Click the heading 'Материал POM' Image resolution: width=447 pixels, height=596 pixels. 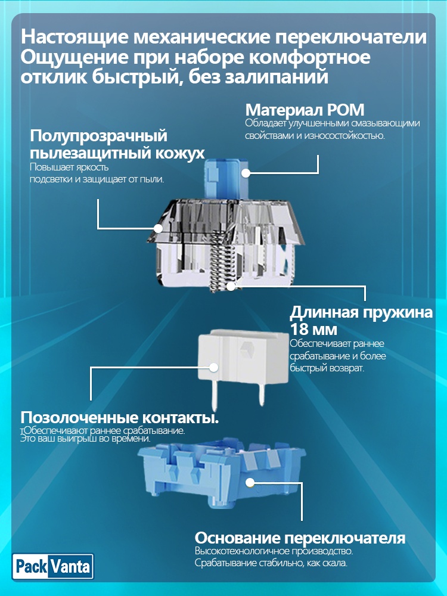coord(305,110)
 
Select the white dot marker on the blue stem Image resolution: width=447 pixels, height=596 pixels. coord(246,173)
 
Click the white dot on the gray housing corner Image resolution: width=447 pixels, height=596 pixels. coord(158,228)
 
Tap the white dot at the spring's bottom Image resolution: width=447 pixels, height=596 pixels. coord(231,286)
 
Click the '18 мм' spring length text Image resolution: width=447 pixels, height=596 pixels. coord(313,329)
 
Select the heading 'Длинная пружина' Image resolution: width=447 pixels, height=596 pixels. coord(361,312)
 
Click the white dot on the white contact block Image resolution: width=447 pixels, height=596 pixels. coord(213,367)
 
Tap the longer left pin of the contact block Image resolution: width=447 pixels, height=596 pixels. coord(214,396)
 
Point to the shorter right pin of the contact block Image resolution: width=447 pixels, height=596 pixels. coord(261,393)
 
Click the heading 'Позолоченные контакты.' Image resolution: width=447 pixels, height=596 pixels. coord(120,417)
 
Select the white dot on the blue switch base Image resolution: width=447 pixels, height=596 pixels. coord(250,483)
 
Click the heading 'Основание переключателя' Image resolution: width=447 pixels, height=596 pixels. coord(300,538)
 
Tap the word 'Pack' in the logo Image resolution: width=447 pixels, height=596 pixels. coord(31,567)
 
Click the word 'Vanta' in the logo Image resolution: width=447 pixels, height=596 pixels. coord(70,567)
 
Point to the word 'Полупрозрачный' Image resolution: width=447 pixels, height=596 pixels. coord(98,136)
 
